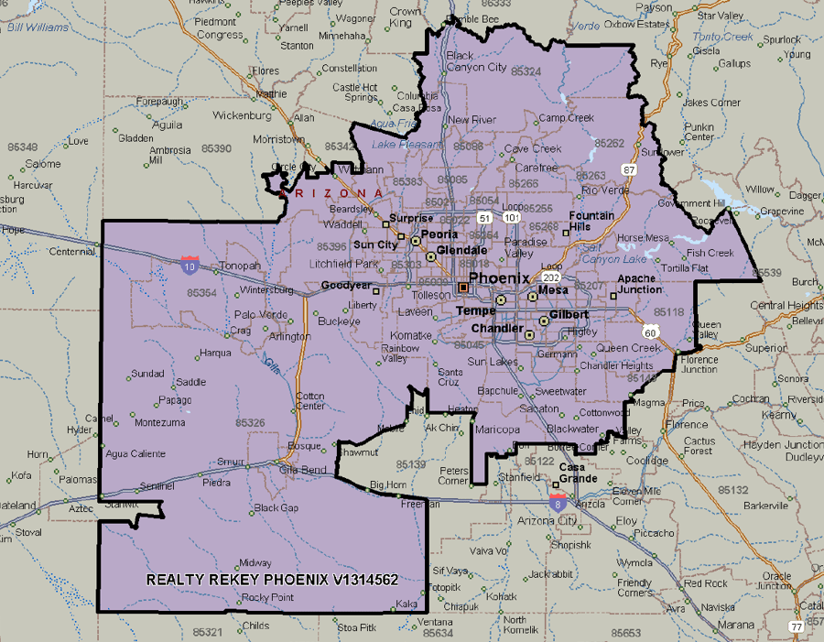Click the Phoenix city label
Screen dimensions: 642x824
pos(499,278)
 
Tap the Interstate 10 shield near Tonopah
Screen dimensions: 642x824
pos(190,266)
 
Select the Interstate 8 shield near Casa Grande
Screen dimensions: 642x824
pos(558,501)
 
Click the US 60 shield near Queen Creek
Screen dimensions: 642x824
pos(650,330)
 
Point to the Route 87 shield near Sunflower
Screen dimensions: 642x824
pos(629,169)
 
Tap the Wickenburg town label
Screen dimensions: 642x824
pos(242,116)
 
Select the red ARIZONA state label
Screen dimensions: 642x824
pos(331,193)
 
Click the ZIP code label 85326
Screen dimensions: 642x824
pos(250,422)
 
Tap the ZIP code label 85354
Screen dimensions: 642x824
pos(201,293)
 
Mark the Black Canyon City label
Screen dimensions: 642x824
pos(476,61)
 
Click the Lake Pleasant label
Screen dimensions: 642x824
pos(396,145)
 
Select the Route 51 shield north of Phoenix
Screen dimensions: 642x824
pos(482,218)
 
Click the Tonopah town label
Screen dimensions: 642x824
pos(241,266)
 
